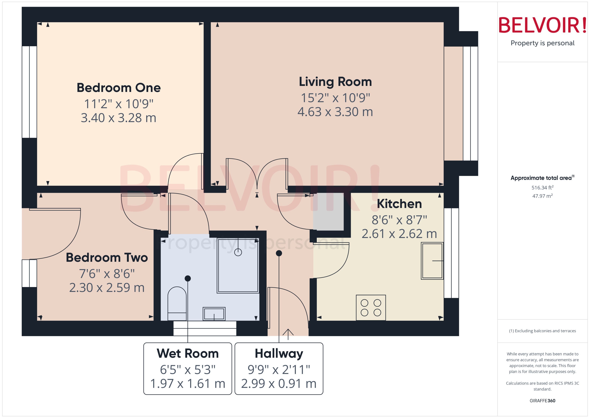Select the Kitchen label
coord(399,204)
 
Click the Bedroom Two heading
coord(107,257)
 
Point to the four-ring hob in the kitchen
coord(371,308)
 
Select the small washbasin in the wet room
coord(214,314)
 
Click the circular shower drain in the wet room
coord(238,252)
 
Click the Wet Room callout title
coord(188,353)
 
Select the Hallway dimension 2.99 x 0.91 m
coord(279,384)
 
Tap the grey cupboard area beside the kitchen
coord(328,212)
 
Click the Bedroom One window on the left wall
coord(29,92)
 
